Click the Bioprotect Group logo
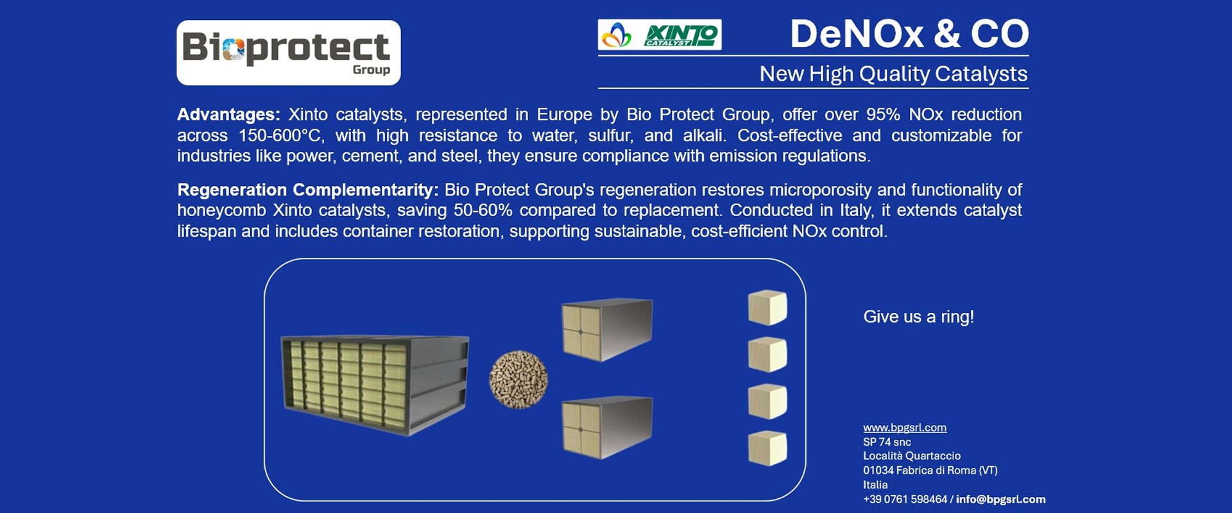[x=288, y=53]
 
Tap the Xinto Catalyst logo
[x=660, y=35]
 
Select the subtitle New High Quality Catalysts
[x=893, y=74]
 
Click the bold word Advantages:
[x=228, y=114]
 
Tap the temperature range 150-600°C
[x=280, y=135]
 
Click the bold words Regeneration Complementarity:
[x=308, y=190]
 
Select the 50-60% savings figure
[x=483, y=210]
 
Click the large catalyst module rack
[x=375, y=385]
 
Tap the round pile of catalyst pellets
[x=518, y=380]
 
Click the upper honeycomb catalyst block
[x=607, y=329]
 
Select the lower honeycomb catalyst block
[x=607, y=427]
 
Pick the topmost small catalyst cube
[x=767, y=308]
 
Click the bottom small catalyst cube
[x=767, y=448]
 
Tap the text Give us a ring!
[x=918, y=317]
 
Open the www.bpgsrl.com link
[x=905, y=428]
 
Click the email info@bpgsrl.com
[x=1001, y=500]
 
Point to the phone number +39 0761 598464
[x=905, y=500]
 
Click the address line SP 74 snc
[x=887, y=442]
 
